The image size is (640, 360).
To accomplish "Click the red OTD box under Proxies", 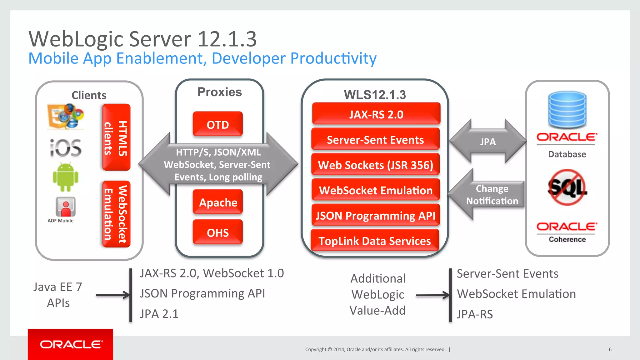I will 218,124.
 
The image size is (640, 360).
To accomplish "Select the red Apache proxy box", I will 218,202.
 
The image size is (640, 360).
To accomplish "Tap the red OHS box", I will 218,232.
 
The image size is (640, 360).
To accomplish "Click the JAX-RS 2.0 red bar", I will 376,114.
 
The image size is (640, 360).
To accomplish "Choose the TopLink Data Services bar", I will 375,241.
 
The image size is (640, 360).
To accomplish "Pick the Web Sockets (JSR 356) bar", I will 375,165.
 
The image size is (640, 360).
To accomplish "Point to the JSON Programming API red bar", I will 375,215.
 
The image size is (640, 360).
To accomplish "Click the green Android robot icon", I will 65,177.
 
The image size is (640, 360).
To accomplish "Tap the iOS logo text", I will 66,148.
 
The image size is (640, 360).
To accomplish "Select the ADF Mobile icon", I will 65,207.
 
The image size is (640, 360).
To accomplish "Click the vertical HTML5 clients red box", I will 116,137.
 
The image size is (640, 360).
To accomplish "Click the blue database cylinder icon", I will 567,109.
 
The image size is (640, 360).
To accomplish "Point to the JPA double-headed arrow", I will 488,142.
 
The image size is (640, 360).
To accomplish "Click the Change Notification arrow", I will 487,195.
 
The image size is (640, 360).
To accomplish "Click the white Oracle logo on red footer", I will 71,344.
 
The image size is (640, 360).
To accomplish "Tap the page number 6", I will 610,349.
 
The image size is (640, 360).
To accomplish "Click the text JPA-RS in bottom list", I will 475,314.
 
